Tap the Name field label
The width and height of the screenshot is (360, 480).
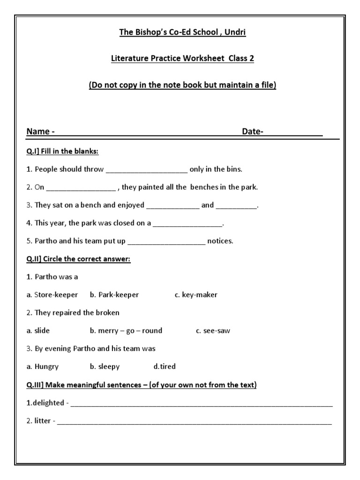pyautogui.click(x=40, y=132)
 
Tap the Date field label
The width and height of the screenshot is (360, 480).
pyautogui.click(x=253, y=132)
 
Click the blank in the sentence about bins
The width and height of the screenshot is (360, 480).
pyautogui.click(x=147, y=170)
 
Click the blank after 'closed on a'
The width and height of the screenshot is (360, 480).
pyautogui.click(x=187, y=224)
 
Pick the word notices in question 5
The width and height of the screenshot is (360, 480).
pyautogui.click(x=220, y=241)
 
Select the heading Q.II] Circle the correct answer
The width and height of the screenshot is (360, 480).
pyautogui.click(x=78, y=259)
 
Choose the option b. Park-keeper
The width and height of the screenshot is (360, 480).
pyautogui.click(x=114, y=295)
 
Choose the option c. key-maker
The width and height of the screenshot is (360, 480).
pyautogui.click(x=196, y=295)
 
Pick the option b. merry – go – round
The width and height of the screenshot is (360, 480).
pyautogui.click(x=126, y=330)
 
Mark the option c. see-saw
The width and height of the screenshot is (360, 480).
pyautogui.click(x=213, y=330)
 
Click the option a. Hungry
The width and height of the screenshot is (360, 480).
pyautogui.click(x=43, y=367)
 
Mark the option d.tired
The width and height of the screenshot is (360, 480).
pyautogui.click(x=165, y=367)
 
